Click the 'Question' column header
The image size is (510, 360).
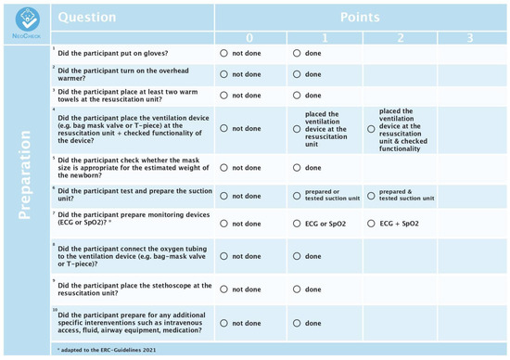(89, 18)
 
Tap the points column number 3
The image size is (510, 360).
(471, 38)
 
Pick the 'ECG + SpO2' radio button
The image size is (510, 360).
(371, 224)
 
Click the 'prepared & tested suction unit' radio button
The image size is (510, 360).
(371, 196)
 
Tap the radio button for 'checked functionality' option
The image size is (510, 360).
(371, 129)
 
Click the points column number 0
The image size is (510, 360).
(249, 38)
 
